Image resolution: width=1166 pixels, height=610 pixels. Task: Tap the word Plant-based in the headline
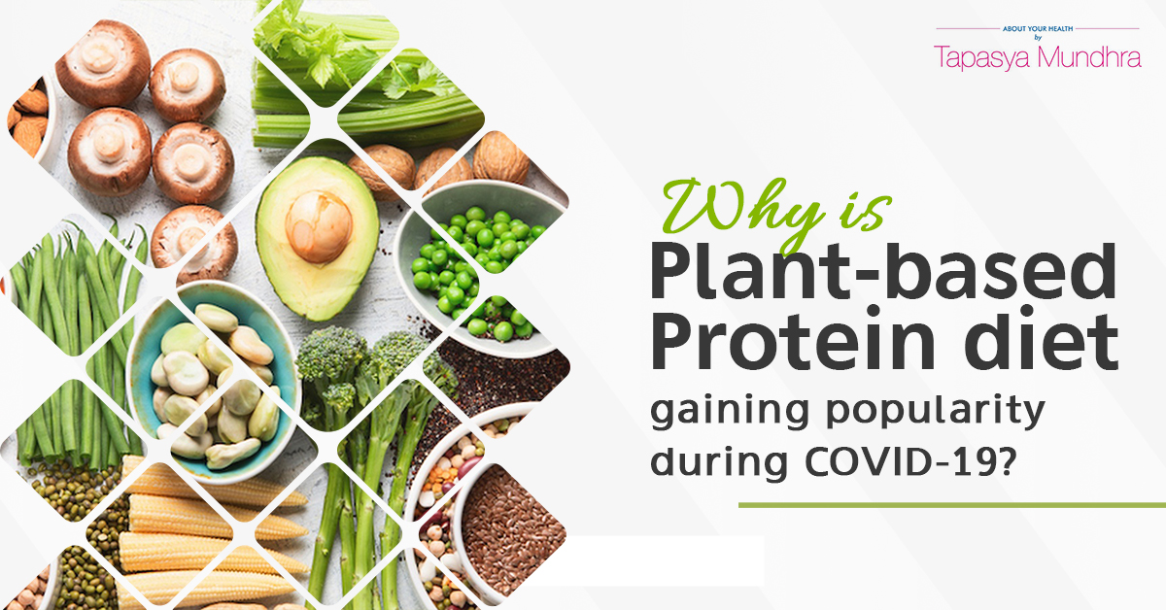[883, 273]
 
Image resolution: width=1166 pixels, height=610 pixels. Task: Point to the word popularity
[936, 411]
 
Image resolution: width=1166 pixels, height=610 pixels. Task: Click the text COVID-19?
[910, 460]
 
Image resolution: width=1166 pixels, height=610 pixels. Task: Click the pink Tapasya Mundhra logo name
[1038, 57]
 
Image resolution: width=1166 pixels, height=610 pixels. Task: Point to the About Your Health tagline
[1038, 29]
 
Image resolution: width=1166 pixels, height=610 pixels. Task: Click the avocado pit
[319, 226]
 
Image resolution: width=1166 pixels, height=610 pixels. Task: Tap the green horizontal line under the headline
[952, 505]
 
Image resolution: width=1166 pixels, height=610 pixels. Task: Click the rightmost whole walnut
[500, 158]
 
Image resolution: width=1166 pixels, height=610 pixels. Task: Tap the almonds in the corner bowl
[28, 119]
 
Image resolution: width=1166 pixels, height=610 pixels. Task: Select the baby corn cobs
[208, 536]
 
